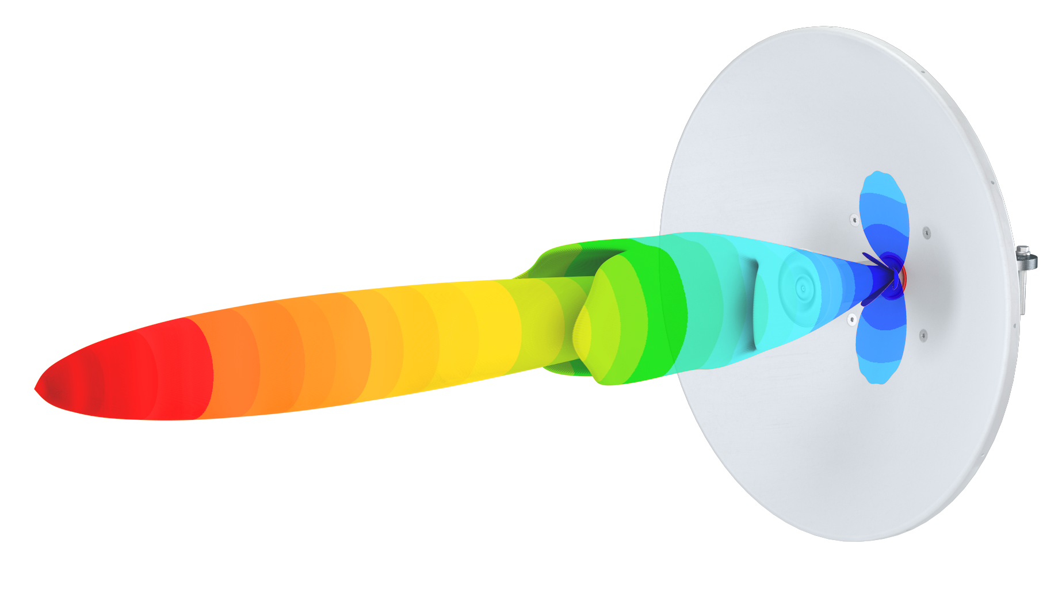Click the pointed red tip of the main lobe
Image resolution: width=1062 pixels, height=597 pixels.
point(37,389)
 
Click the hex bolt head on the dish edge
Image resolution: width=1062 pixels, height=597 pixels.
point(1022,252)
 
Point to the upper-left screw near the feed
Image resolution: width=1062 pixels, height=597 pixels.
point(854,219)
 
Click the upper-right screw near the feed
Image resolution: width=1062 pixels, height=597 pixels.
point(926,232)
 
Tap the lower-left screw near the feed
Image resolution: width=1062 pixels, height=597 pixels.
point(852,319)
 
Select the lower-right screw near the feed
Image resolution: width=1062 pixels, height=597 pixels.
point(923,335)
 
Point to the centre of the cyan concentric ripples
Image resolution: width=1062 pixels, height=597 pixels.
point(801,286)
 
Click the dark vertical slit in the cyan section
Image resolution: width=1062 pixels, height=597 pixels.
point(755,305)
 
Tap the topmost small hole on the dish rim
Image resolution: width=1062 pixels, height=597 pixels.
point(923,72)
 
